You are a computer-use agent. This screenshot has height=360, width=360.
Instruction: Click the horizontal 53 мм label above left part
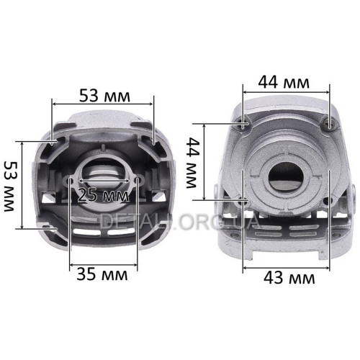click(x=104, y=96)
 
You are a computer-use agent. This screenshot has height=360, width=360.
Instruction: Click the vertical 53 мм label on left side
click(x=11, y=186)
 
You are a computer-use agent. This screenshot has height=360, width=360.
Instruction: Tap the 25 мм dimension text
click(x=104, y=195)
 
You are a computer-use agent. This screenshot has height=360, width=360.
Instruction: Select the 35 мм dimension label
click(x=102, y=274)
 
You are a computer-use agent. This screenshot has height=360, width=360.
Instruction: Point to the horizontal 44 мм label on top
click(x=284, y=82)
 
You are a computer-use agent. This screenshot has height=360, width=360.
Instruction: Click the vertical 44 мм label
click(x=192, y=163)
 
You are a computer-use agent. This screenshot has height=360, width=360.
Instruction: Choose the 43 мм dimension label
click(x=289, y=278)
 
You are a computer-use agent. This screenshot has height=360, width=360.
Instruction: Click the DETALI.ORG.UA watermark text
click(x=180, y=221)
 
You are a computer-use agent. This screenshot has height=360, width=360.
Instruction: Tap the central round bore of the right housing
click(x=286, y=178)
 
